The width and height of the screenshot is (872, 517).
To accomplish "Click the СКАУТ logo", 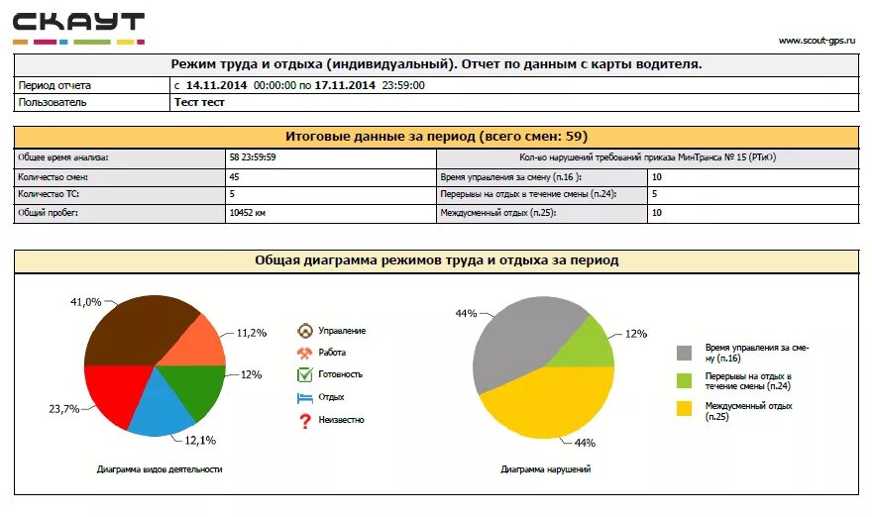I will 78,27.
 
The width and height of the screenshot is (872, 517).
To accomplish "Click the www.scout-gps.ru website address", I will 817,41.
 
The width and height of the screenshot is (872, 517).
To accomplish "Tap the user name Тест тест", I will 199,102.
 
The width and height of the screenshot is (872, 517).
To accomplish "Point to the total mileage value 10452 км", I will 248,213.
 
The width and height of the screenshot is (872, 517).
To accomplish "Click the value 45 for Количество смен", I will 234,176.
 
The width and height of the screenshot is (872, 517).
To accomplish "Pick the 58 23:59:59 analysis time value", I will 253,157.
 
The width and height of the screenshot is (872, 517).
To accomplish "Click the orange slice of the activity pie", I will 193,343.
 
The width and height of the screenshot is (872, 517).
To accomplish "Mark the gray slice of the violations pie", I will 510,342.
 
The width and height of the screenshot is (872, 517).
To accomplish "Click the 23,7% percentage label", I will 63,409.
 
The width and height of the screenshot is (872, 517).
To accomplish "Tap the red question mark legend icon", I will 305,421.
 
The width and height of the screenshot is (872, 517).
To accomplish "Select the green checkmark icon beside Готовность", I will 305,374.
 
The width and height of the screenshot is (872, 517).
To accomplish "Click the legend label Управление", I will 342,331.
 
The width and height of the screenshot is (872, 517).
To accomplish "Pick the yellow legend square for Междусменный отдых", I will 685,408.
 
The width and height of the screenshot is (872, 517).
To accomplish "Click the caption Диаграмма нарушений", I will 545,469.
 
